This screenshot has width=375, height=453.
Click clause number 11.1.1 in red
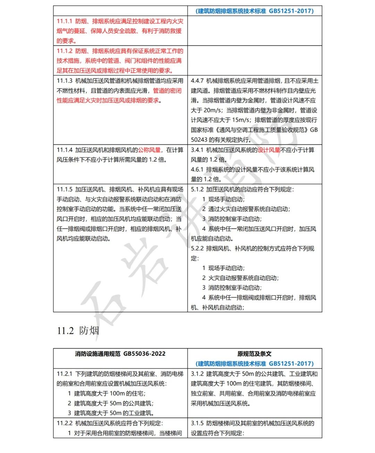point(65,21)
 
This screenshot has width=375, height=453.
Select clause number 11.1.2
point(65,51)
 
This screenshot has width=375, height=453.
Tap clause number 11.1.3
point(65,81)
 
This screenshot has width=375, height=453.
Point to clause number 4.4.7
point(197,81)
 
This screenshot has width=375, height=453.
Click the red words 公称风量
point(149,150)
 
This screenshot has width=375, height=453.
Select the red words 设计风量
point(269,150)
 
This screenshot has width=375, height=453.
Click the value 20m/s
point(211,110)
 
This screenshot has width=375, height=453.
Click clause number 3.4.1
point(197,150)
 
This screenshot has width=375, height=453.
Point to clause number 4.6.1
point(197,170)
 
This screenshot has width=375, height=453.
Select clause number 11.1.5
point(65,190)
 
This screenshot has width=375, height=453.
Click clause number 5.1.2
point(197,190)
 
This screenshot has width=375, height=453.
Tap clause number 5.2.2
point(197,249)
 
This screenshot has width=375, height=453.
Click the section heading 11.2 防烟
point(78,330)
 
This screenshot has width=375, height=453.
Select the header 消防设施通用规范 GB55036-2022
point(120,354)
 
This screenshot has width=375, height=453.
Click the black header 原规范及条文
point(255,354)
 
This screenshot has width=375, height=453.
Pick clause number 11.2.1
point(65,374)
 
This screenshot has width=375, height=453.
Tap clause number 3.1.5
point(197,423)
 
